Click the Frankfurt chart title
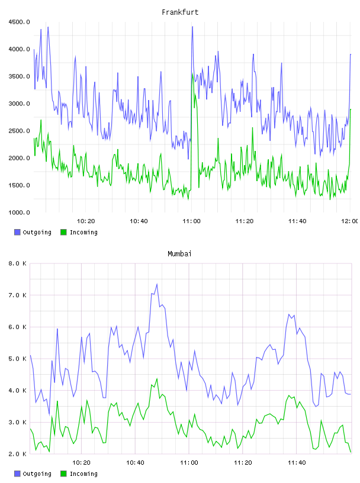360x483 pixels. (x=180, y=12)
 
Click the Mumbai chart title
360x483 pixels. (x=179, y=254)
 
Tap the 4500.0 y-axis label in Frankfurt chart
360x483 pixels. (x=19, y=22)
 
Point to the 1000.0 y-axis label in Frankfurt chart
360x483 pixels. (x=19, y=212)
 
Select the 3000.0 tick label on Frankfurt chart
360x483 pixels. (x=19, y=104)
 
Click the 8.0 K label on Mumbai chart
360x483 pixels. (x=18, y=263)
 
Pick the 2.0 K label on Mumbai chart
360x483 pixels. (x=18, y=454)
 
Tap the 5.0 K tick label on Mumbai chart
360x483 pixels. (x=18, y=359)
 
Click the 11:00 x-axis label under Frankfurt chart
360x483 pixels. (x=191, y=221)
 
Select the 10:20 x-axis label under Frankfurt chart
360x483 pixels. (x=86, y=221)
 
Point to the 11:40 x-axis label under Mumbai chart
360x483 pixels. (x=297, y=463)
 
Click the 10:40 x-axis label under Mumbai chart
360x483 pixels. (x=136, y=463)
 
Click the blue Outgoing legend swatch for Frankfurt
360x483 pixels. (x=17, y=232)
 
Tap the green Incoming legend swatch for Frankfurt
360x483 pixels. (x=63, y=232)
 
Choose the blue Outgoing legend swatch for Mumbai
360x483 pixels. (x=17, y=474)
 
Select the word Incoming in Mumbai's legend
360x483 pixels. (x=83, y=474)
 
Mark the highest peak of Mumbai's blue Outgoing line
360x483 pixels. (x=157, y=284)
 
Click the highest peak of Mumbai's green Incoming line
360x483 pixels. (x=157, y=379)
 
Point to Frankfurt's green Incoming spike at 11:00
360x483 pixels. (x=192, y=74)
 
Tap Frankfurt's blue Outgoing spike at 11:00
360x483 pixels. (x=192, y=27)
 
